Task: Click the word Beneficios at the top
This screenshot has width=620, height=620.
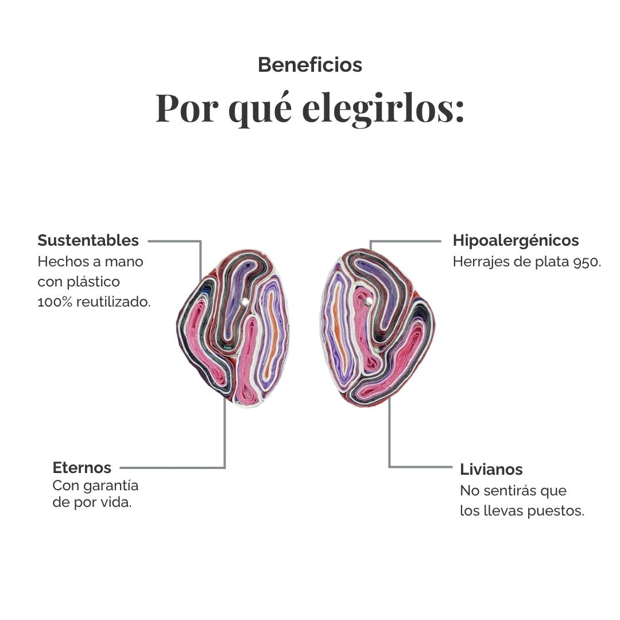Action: coord(310,65)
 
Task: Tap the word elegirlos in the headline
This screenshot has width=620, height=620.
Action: coord(383,108)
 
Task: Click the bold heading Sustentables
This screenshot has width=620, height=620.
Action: coord(88,241)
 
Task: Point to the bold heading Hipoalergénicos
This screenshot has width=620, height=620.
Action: coord(516,241)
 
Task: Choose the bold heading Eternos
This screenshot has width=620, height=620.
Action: coord(82,468)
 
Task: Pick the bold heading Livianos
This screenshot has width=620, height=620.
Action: coord(491,470)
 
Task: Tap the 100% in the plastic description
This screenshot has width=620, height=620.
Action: coord(55,302)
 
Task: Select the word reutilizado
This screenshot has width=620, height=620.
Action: coord(114,302)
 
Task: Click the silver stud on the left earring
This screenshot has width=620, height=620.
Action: coord(245,302)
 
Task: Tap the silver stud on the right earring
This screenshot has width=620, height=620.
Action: coord(369,302)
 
